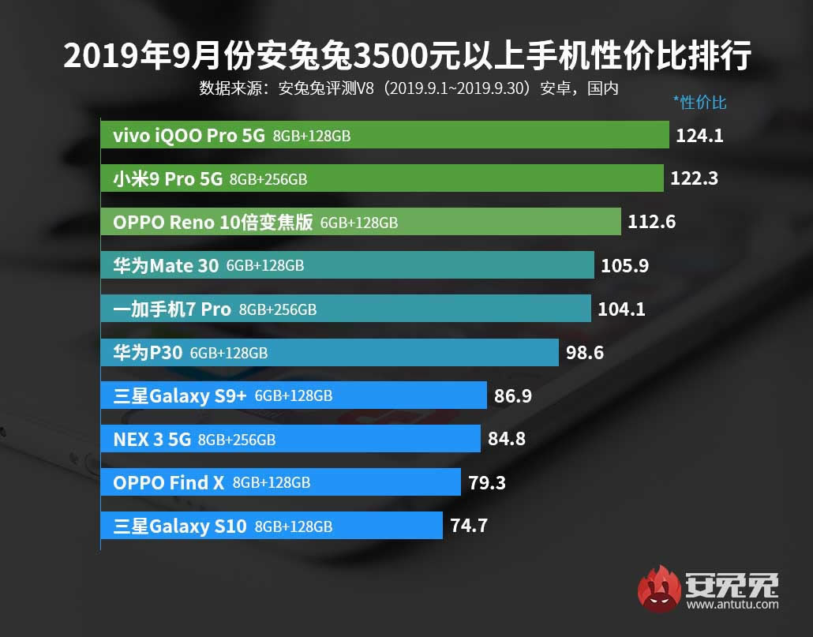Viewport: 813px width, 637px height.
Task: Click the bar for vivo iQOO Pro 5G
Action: (x=384, y=136)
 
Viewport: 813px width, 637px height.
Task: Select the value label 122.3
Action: (x=694, y=179)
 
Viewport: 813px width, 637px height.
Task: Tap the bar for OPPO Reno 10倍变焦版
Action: (x=361, y=223)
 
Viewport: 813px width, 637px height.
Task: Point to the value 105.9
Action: (x=624, y=266)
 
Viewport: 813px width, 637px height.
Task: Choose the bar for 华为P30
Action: (x=330, y=353)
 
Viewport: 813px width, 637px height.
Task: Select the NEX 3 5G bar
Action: (x=290, y=440)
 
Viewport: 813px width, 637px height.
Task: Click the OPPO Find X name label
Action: (x=169, y=482)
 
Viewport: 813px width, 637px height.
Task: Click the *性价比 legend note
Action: (x=699, y=102)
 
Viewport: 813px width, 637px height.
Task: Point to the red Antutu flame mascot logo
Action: (x=661, y=589)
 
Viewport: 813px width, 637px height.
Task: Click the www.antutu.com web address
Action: (x=732, y=605)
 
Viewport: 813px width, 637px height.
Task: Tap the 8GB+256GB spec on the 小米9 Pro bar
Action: (x=268, y=180)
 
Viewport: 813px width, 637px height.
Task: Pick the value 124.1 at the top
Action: (x=699, y=136)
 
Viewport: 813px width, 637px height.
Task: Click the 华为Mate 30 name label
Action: (x=166, y=266)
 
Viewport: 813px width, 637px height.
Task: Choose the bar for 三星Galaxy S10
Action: (x=272, y=526)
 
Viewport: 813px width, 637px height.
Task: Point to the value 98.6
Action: (x=585, y=353)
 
